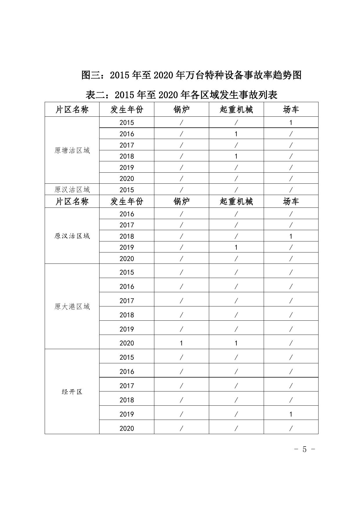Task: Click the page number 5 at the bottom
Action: (x=304, y=449)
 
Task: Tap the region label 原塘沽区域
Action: (x=72, y=150)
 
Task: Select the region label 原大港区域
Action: (x=72, y=306)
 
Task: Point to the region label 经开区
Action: (x=72, y=392)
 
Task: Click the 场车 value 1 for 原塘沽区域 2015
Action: (x=291, y=122)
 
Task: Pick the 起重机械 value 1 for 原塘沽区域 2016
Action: (x=236, y=134)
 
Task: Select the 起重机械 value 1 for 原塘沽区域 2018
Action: (x=236, y=156)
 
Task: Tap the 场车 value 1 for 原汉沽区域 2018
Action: (x=291, y=236)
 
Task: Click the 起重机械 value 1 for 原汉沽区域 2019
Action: (x=236, y=247)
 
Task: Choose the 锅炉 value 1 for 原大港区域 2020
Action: (x=181, y=343)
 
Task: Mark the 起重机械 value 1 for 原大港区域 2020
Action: (x=236, y=343)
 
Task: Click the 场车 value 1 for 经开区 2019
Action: (x=291, y=414)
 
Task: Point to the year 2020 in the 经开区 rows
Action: (x=127, y=428)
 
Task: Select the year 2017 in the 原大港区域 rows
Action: (x=127, y=301)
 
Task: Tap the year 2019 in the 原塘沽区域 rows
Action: (x=127, y=167)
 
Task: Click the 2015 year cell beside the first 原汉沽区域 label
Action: (x=127, y=190)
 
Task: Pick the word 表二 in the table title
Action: (x=95, y=95)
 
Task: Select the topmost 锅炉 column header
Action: (x=181, y=109)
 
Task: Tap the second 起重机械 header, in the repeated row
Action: (x=236, y=201)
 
